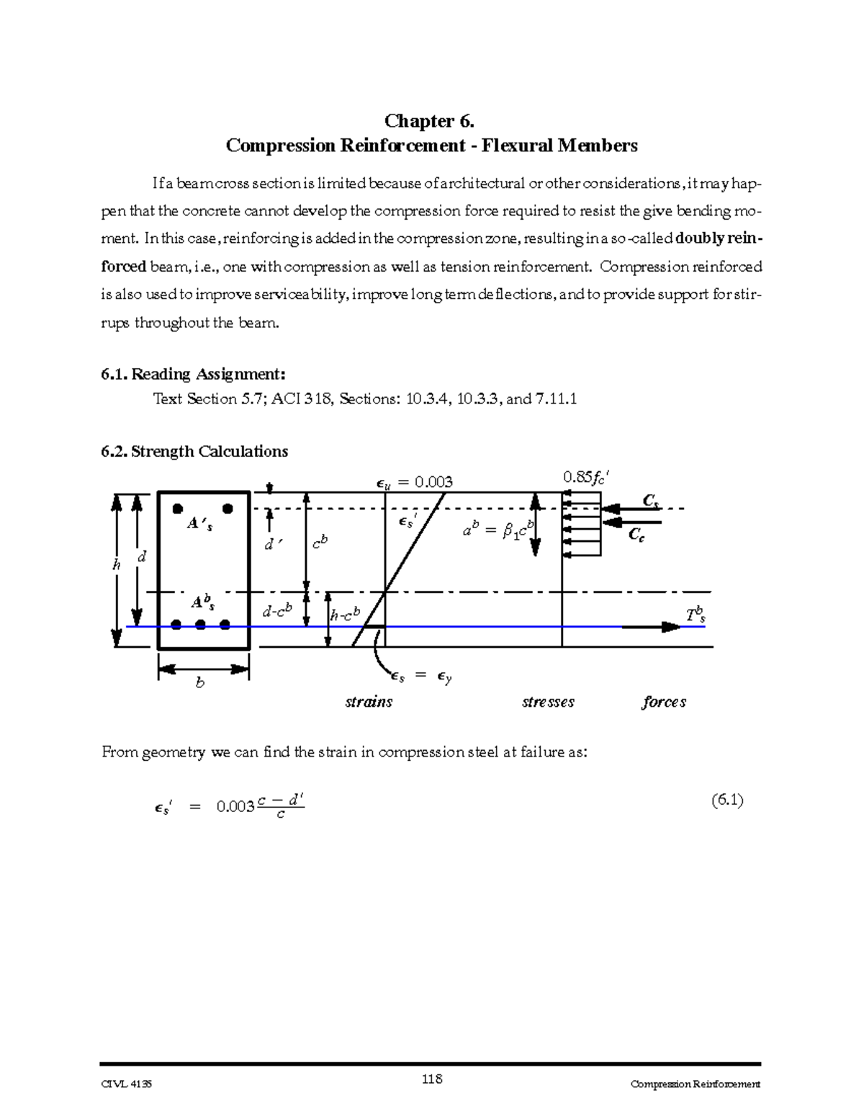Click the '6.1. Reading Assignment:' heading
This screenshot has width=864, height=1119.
tap(194, 374)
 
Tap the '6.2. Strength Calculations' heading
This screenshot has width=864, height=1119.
tap(194, 452)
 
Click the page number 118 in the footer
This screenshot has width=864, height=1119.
tap(432, 1079)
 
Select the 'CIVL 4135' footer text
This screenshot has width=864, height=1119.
tap(127, 1084)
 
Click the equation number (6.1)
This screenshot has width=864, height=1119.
tap(726, 800)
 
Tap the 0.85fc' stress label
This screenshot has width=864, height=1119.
tap(590, 478)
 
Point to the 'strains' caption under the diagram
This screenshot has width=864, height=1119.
tap(369, 702)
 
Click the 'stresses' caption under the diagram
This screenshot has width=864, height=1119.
tap(548, 702)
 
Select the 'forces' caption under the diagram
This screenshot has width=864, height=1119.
tap(664, 702)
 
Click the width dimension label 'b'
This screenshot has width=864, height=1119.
tap(200, 682)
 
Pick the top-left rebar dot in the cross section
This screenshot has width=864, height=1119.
tap(178, 509)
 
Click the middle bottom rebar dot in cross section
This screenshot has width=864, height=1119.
tap(201, 625)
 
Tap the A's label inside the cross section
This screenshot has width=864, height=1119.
tap(199, 525)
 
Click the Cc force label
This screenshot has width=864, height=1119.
tap(636, 535)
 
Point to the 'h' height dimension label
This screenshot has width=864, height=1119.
tap(116, 566)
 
